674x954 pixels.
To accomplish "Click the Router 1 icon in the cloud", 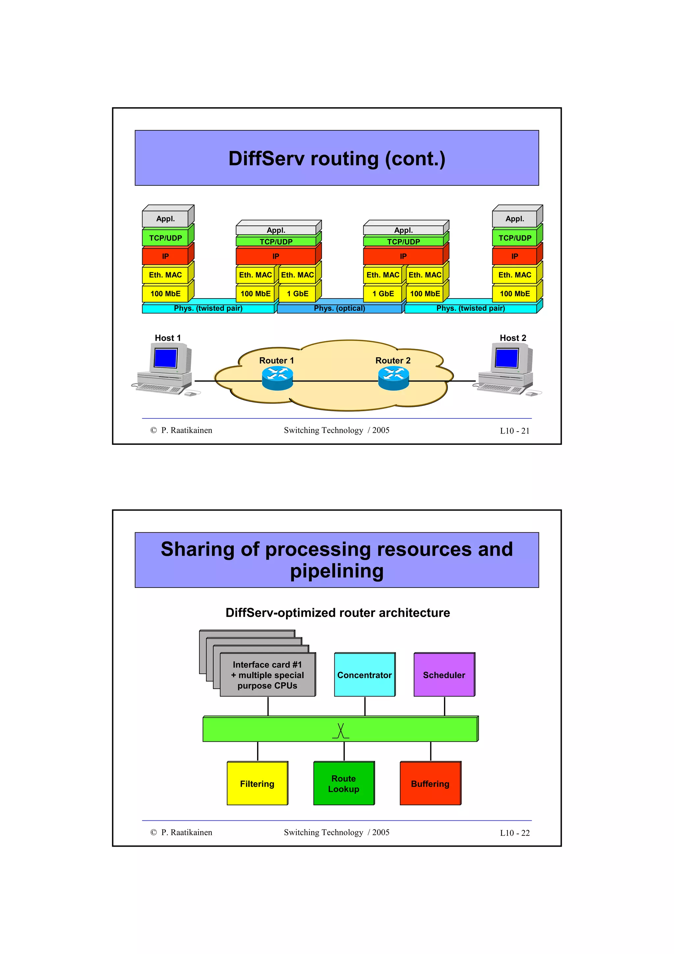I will (277, 379).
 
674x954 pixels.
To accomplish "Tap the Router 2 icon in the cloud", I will (393, 379).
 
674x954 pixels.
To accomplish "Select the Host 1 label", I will (168, 338).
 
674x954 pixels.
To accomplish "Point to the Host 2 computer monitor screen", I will (506, 358).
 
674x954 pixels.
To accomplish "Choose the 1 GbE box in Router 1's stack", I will (297, 293).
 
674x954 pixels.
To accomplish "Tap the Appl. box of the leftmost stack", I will (165, 219).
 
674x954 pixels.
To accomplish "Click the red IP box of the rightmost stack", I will (514, 256).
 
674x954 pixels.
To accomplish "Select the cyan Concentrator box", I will (364, 675).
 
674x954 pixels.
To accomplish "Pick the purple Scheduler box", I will (444, 675).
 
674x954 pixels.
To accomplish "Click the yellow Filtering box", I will (257, 783).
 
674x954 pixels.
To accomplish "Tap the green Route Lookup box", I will (344, 783).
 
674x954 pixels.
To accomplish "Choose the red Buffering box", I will (430, 783).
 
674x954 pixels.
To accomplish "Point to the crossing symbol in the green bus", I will (341, 731).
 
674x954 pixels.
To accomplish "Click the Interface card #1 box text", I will (268, 675).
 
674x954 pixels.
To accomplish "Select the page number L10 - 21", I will (514, 431).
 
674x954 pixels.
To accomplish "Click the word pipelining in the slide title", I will (337, 571).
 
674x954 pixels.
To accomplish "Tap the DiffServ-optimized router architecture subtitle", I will (338, 612).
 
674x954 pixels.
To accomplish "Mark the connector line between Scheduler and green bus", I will (444, 706).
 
